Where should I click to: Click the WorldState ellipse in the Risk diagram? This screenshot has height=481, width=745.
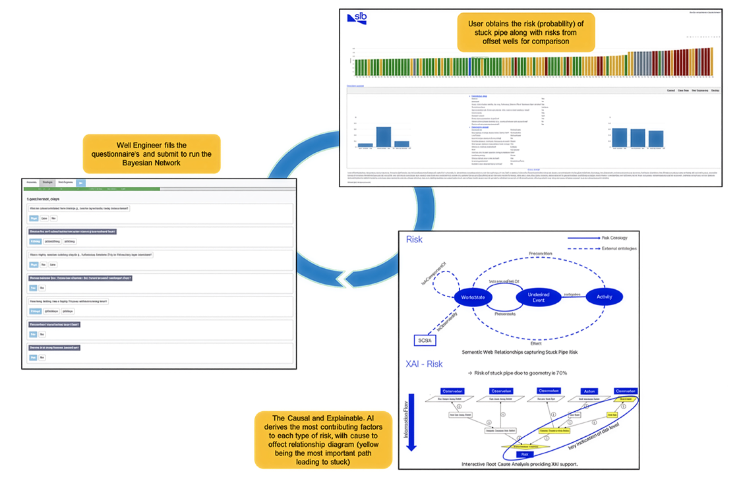(473, 298)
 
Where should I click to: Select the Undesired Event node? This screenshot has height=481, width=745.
(538, 297)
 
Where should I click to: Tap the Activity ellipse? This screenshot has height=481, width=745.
(604, 297)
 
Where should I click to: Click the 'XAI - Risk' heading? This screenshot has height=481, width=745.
(424, 364)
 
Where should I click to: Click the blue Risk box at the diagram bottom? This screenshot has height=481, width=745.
(525, 454)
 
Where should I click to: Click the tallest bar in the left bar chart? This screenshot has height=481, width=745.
(383, 136)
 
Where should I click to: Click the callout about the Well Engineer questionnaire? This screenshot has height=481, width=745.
(152, 154)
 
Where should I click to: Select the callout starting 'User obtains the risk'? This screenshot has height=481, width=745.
(525, 32)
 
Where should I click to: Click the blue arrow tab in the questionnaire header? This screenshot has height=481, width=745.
(80, 183)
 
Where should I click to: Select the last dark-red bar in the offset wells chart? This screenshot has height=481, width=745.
(710, 62)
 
